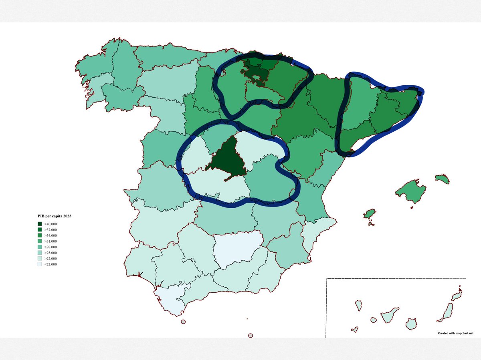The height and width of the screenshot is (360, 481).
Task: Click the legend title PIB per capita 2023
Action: (55, 216)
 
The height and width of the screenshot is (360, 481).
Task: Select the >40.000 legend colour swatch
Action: (40, 224)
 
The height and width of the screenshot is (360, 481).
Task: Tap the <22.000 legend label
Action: (51, 264)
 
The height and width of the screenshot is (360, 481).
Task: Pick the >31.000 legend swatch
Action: (40, 241)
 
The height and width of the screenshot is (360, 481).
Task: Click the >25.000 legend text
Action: (51, 253)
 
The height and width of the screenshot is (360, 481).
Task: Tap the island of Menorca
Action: (443, 179)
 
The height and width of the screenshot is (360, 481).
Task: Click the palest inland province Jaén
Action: (236, 249)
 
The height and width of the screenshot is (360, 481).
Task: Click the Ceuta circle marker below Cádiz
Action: (183, 322)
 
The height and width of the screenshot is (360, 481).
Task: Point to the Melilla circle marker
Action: (251, 336)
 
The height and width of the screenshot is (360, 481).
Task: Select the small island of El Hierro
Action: (354, 330)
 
